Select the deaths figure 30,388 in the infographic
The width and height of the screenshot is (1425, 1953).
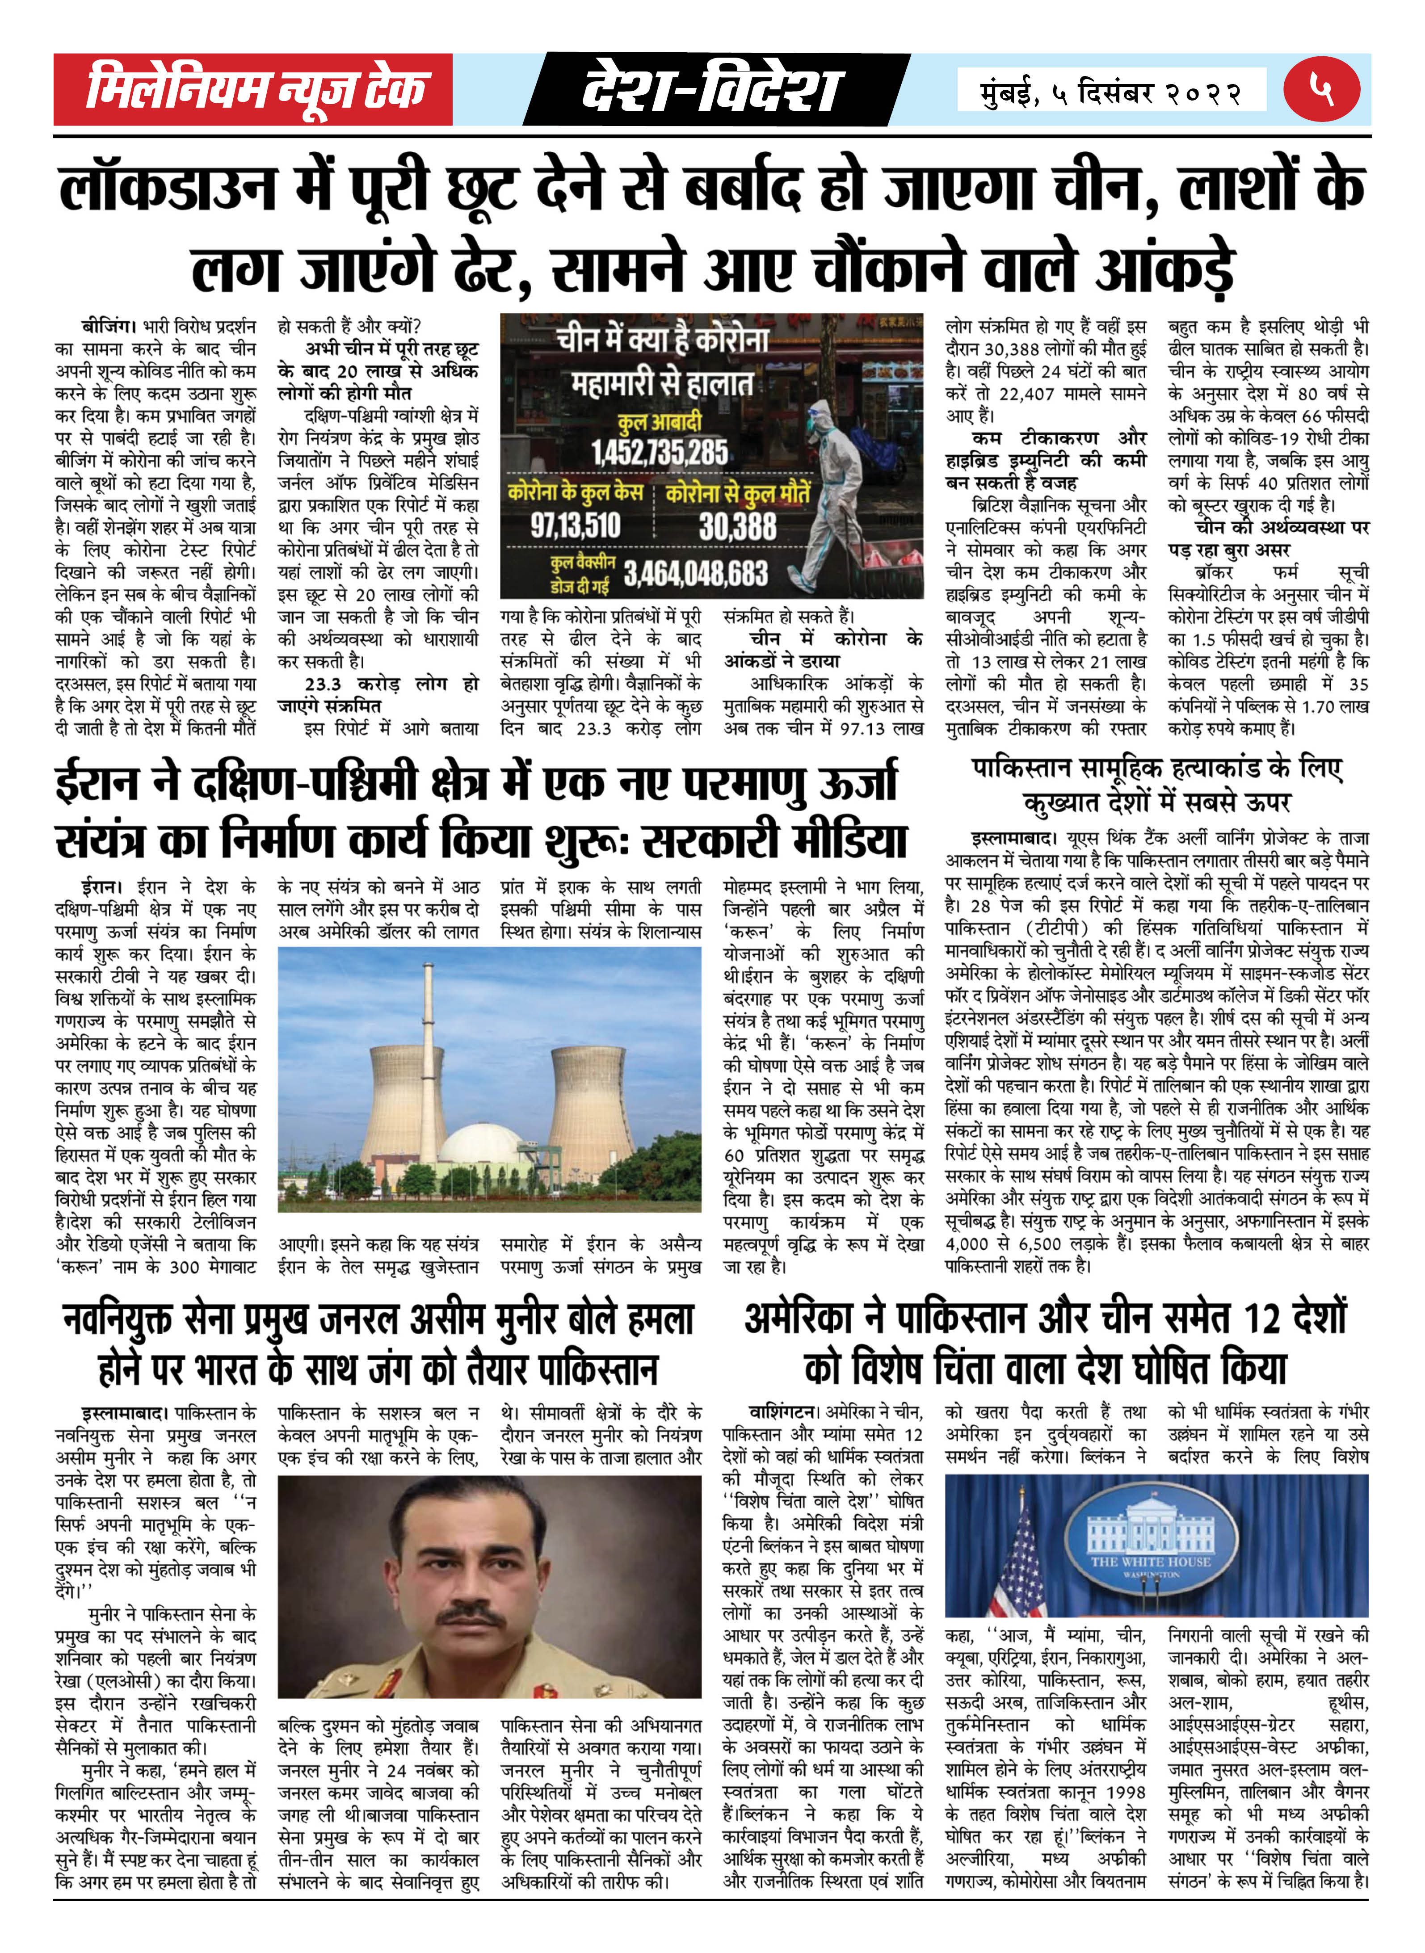pos(737,525)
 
